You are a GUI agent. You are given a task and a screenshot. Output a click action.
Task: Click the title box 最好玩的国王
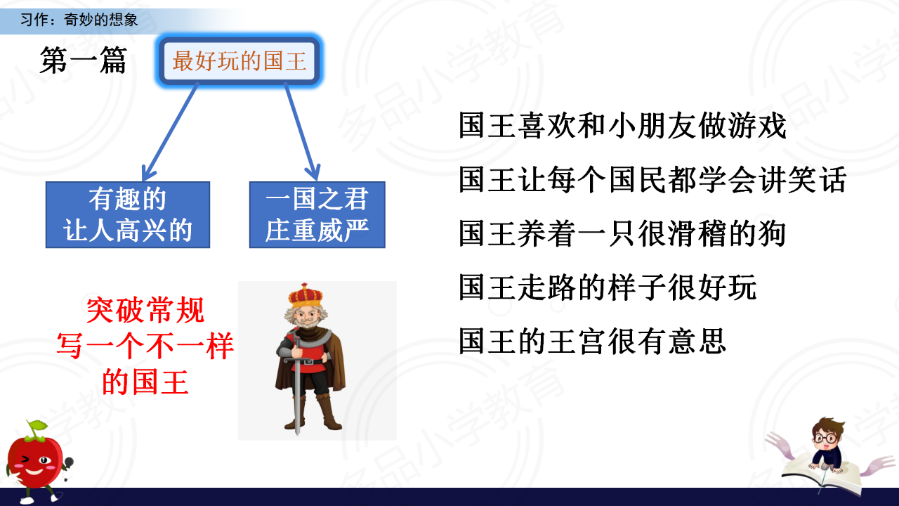click(239, 60)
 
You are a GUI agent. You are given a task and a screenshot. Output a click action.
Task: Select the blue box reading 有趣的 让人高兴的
click(128, 215)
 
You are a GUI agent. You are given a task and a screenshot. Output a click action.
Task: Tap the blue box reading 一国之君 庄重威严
click(317, 215)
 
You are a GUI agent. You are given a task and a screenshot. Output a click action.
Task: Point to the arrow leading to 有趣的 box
click(170, 131)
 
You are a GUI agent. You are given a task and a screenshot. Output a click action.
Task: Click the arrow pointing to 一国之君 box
click(302, 131)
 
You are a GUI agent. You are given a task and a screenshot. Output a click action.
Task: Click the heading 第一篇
click(83, 60)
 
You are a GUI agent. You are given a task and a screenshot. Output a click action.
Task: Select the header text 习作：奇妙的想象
click(79, 19)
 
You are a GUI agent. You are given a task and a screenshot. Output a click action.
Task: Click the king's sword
click(297, 386)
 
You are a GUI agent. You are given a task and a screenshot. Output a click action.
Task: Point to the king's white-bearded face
click(306, 317)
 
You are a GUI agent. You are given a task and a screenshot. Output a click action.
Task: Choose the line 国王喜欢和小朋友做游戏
click(622, 126)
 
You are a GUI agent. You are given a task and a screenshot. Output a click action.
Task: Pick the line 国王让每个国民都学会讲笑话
click(652, 179)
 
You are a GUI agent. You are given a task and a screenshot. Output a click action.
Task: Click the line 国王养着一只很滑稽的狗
click(622, 233)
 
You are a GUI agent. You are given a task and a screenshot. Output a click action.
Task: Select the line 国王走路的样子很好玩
click(608, 287)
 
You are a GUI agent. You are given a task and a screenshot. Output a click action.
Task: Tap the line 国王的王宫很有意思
click(592, 341)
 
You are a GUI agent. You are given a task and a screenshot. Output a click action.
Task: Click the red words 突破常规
click(145, 310)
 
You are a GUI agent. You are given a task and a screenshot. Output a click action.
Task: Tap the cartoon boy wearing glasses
click(826, 445)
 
